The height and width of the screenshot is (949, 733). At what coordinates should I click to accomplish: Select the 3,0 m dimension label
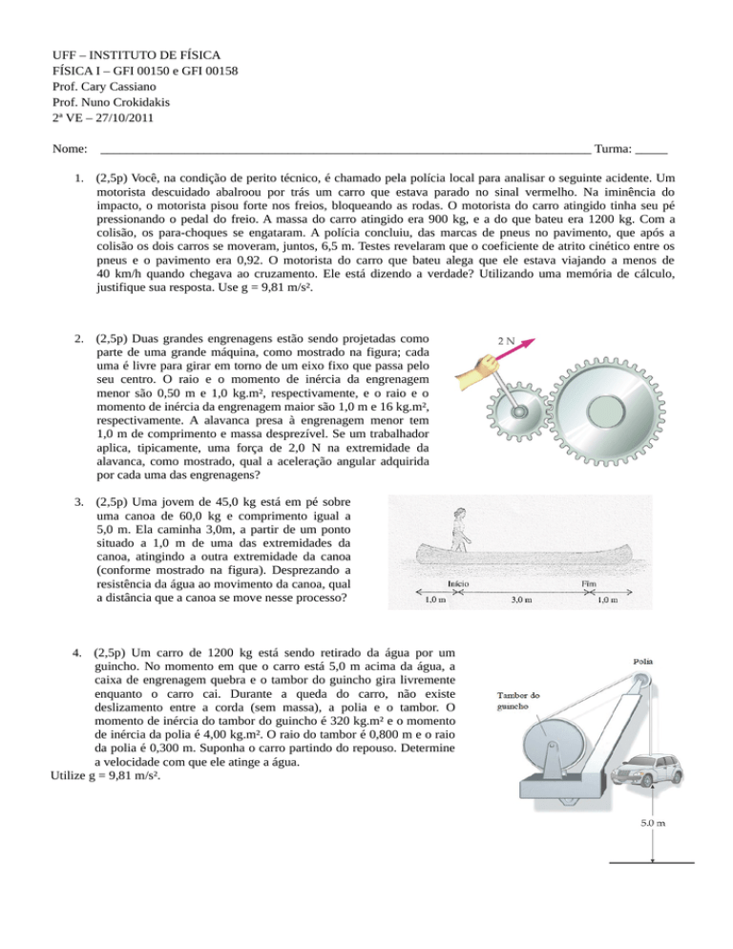[520, 601]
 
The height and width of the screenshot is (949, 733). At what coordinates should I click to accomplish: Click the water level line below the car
[652, 863]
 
